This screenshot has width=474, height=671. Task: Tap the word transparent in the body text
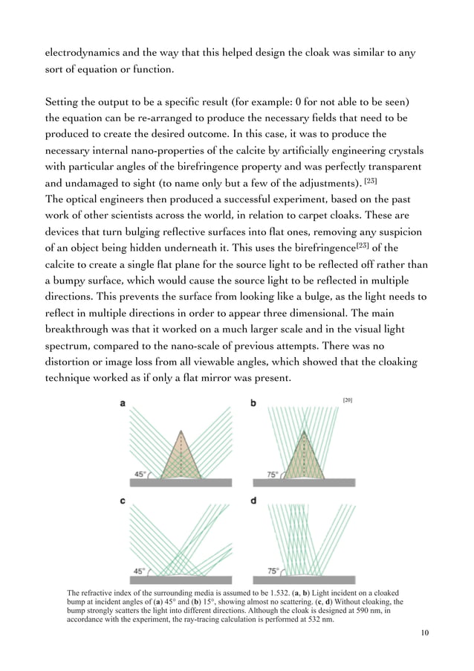(x=389, y=166)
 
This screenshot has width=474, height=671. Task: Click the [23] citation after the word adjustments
(x=371, y=182)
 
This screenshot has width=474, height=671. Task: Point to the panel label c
(x=123, y=501)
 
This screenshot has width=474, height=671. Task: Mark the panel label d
(x=253, y=501)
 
